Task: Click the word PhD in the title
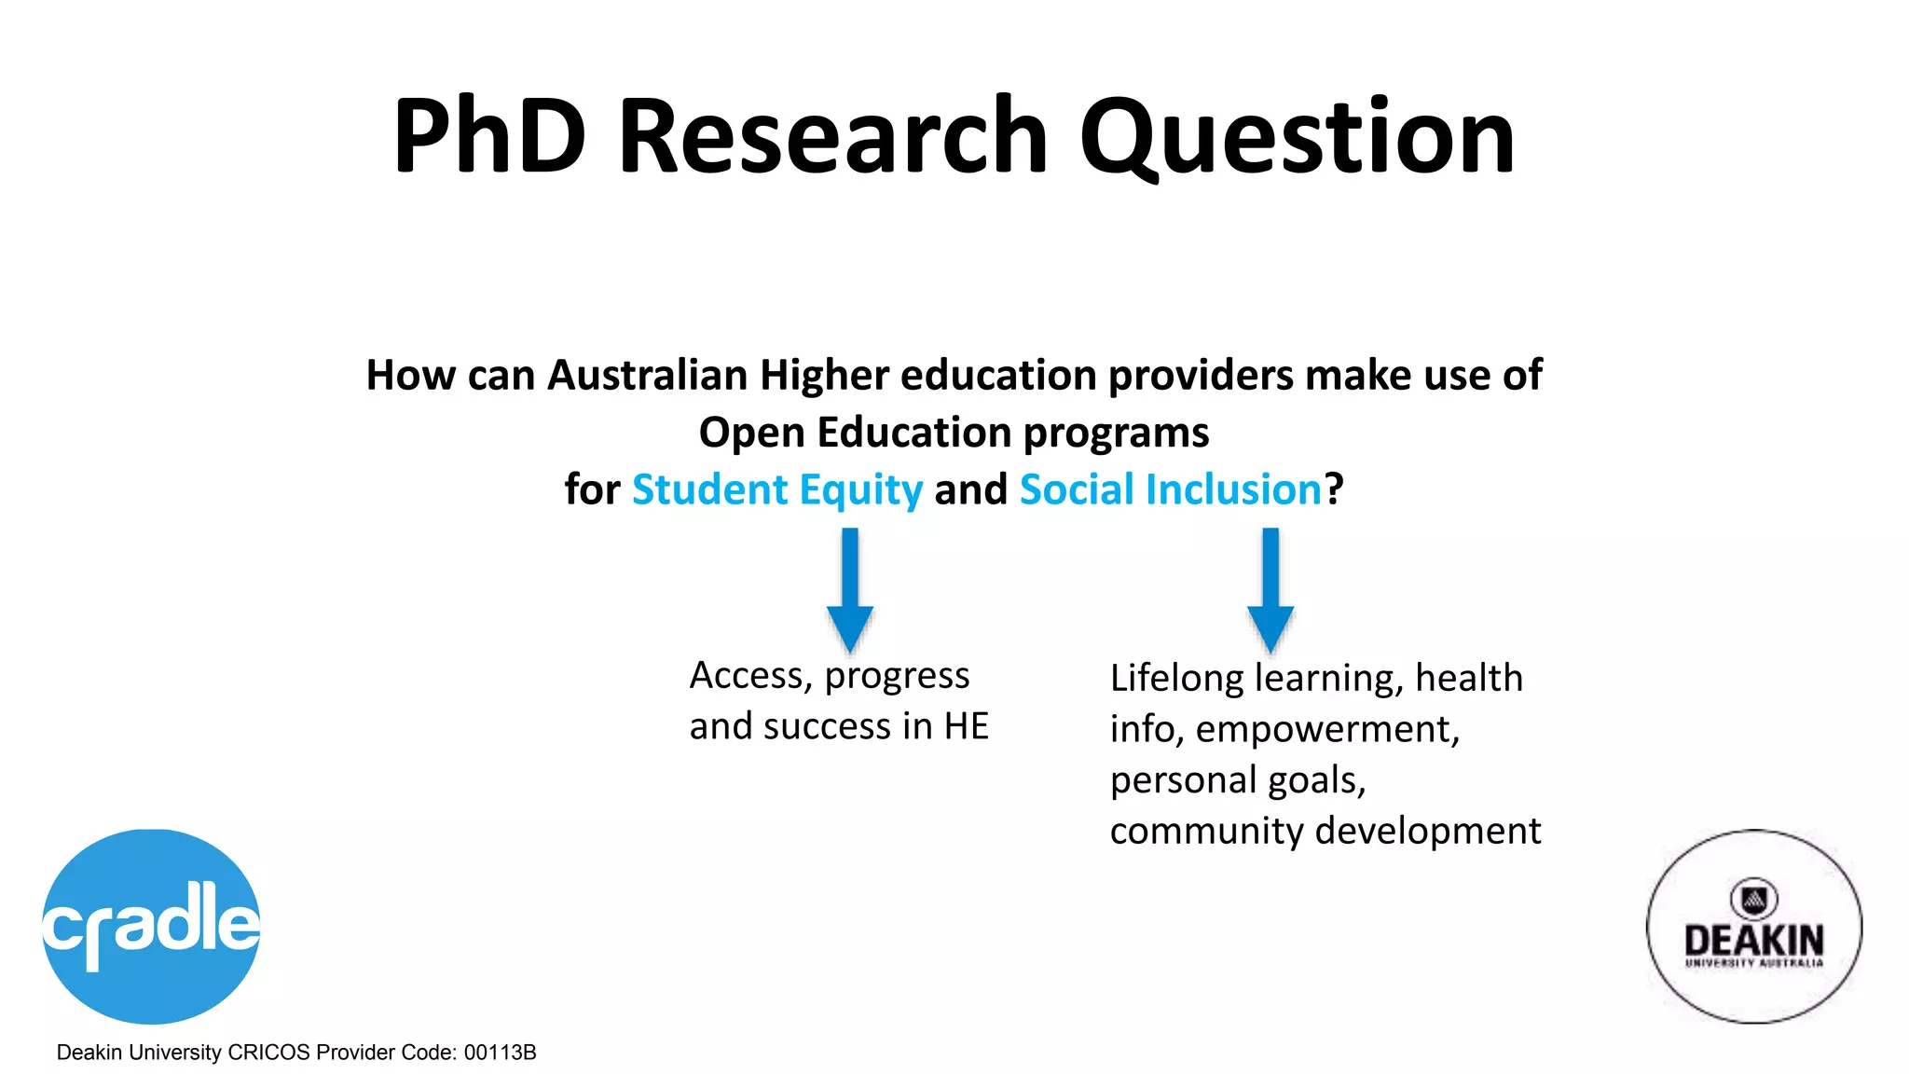pyautogui.click(x=490, y=136)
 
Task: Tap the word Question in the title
pyautogui.click(x=1297, y=138)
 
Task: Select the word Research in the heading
pyautogui.click(x=833, y=136)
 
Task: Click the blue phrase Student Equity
pyautogui.click(x=777, y=489)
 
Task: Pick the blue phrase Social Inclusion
pyautogui.click(x=1171, y=489)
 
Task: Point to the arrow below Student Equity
pyautogui.click(x=850, y=589)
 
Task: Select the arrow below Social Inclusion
pyautogui.click(x=1270, y=589)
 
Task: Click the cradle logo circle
pyautogui.click(x=151, y=926)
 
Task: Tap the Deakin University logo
pyautogui.click(x=1754, y=927)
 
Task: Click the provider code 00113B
pyautogui.click(x=501, y=1053)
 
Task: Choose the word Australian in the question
pyautogui.click(x=648, y=376)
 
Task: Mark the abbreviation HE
pyautogui.click(x=967, y=726)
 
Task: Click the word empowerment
pyautogui.click(x=1327, y=729)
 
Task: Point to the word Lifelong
pyautogui.click(x=1176, y=678)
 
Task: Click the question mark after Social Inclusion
pyautogui.click(x=1334, y=489)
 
